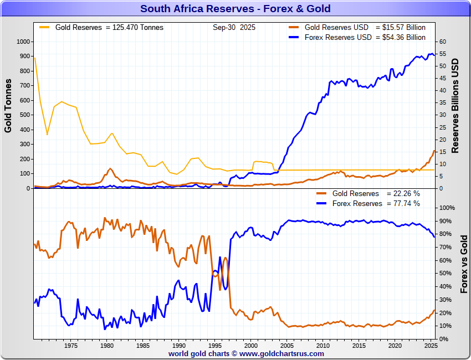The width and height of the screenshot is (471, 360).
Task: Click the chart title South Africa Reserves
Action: (235, 8)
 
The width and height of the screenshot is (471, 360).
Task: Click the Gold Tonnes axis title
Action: (8, 106)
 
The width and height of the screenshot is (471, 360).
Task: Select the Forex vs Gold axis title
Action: (464, 264)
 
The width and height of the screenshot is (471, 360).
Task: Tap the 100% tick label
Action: (447, 208)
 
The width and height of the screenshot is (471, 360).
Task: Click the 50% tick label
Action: (445, 273)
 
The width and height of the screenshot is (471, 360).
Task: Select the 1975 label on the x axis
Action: (71, 346)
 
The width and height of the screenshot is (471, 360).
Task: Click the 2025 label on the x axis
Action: (431, 346)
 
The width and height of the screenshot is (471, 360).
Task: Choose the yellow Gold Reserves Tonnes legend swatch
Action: (44, 27)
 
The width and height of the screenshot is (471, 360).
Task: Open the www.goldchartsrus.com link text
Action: (281, 353)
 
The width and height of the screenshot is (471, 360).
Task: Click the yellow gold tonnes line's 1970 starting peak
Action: (34, 58)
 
